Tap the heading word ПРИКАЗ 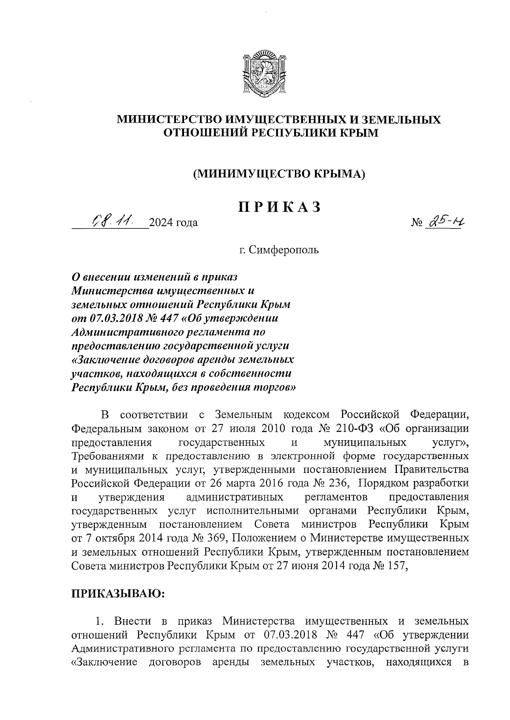click(278, 207)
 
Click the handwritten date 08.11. click(111, 221)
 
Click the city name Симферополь click(283, 250)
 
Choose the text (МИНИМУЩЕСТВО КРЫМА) click(279, 174)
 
